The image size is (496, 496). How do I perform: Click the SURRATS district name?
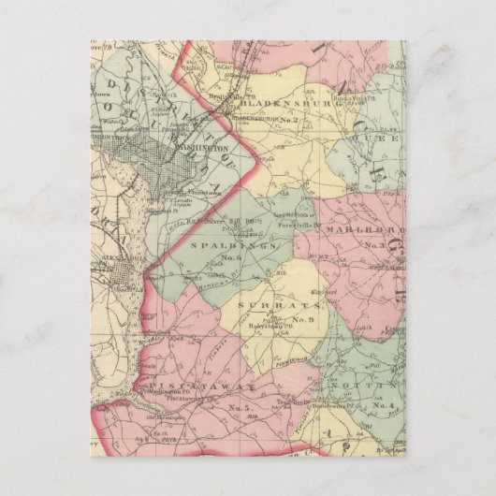coord(267,306)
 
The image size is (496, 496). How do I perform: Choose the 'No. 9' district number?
coord(302,321)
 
